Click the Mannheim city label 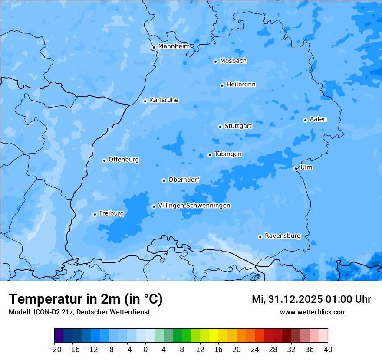point(174,46)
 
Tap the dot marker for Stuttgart point(220,127)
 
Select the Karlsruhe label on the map point(164,100)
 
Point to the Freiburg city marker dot point(95,214)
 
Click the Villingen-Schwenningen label point(194,206)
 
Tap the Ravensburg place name point(283,236)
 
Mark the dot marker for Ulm point(296,168)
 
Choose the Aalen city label point(318,119)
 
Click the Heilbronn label point(241,85)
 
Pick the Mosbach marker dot point(215,62)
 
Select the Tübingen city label point(228,154)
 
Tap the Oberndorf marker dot point(164,180)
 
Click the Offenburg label point(124,160)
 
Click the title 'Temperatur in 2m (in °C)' point(86,299)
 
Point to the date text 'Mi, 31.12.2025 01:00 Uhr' point(311,299)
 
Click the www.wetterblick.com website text point(313,312)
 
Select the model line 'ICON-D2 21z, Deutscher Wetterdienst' point(79,312)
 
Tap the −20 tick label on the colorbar point(54,350)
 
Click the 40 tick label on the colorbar point(328,350)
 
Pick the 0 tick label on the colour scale point(145,350)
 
